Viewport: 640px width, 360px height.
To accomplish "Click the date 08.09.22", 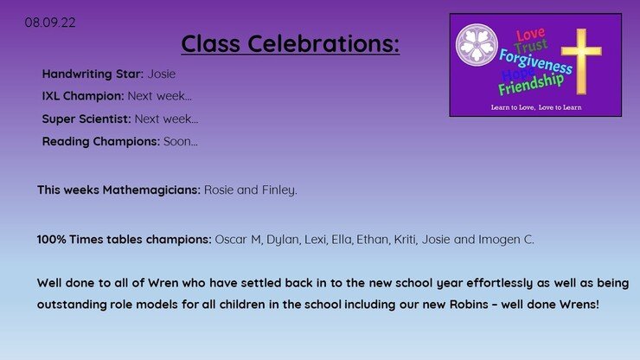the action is [x=50, y=22].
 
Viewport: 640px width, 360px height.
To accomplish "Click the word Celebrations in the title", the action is [x=323, y=43].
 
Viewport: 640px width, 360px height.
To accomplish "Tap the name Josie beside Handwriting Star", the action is [x=161, y=74].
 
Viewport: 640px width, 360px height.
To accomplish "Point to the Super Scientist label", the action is [x=86, y=119].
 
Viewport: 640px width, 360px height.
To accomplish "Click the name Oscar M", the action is [x=238, y=240].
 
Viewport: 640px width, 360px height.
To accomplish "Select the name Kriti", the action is [x=406, y=240].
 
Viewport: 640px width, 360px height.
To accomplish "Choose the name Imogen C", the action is [x=506, y=240].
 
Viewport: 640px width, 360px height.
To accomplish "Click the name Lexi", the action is [x=315, y=240].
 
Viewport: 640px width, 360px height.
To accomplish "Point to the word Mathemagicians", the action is [x=151, y=190].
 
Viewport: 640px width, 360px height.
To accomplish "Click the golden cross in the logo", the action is [x=581, y=61].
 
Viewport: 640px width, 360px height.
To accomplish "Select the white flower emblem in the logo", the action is [x=477, y=45].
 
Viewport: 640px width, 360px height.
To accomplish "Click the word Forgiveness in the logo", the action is [x=535, y=61].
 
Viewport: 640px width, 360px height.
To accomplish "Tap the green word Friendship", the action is [x=531, y=84].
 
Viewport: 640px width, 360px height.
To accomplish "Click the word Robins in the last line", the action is [x=469, y=305].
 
